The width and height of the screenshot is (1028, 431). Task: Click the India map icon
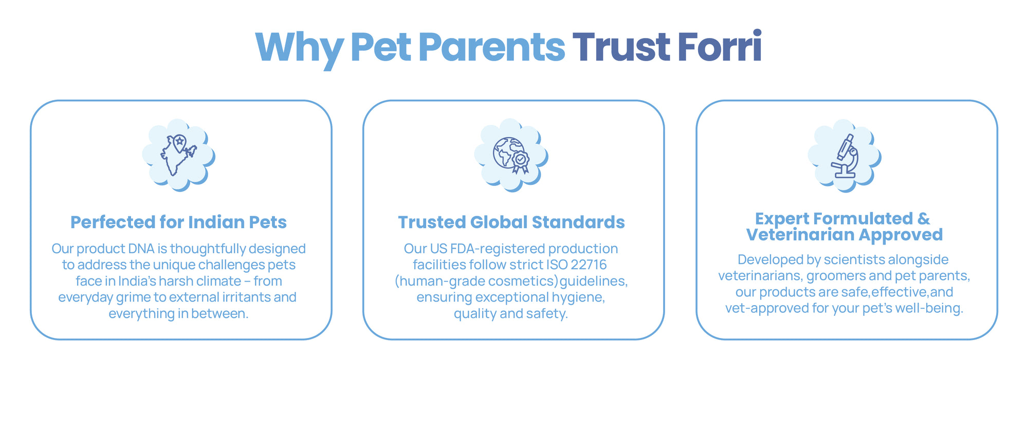point(178,155)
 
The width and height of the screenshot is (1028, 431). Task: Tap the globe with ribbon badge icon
point(511,155)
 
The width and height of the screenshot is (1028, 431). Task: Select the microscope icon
point(845,156)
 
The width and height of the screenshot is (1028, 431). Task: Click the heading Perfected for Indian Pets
point(178,222)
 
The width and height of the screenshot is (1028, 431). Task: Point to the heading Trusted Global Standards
point(511,222)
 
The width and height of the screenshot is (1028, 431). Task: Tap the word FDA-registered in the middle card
point(498,249)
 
